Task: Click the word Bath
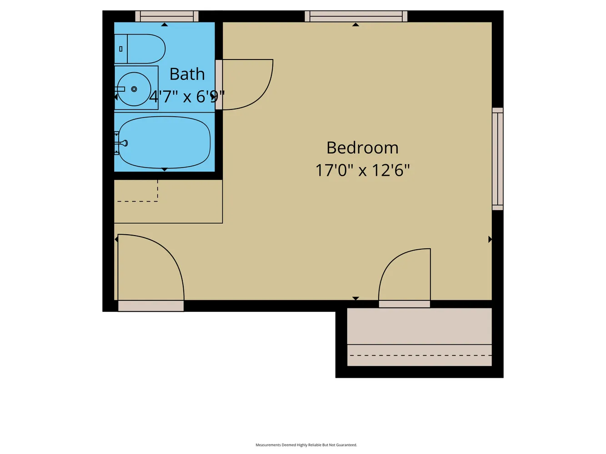pyautogui.click(x=187, y=74)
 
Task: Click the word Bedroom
pyautogui.click(x=362, y=148)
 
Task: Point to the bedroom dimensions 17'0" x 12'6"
pyautogui.click(x=362, y=170)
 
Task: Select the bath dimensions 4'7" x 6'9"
pyautogui.click(x=187, y=97)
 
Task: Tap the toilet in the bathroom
pyautogui.click(x=140, y=49)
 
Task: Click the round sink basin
pyautogui.click(x=134, y=89)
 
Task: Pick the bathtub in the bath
pyautogui.click(x=164, y=142)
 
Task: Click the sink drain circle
pyautogui.click(x=134, y=89)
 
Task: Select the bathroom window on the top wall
pyautogui.click(x=167, y=16)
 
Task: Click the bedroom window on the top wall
pyautogui.click(x=356, y=16)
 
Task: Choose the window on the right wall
pyautogui.click(x=497, y=159)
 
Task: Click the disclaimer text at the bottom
pyautogui.click(x=306, y=444)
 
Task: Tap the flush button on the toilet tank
pyautogui.click(x=120, y=49)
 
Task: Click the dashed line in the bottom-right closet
pyautogui.click(x=421, y=355)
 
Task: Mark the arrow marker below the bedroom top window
pyautogui.click(x=356, y=25)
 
